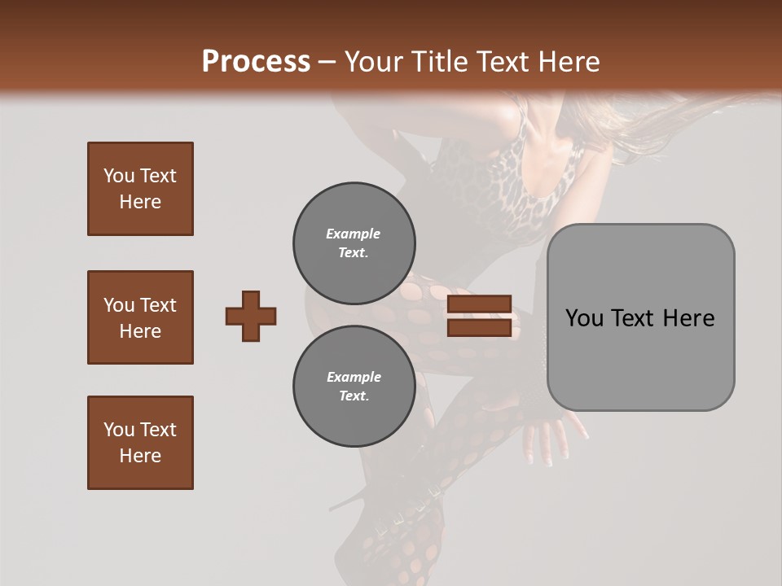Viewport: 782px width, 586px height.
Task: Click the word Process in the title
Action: click(256, 62)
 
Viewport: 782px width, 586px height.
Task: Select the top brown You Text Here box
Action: click(140, 189)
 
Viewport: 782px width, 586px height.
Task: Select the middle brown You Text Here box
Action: click(140, 317)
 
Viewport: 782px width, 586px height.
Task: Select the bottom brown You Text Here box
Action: click(140, 443)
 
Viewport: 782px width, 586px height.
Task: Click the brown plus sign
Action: click(251, 316)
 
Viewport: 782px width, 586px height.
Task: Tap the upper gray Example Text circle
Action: click(354, 243)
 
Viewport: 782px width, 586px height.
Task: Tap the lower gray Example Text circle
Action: click(354, 387)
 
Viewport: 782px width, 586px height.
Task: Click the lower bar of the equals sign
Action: click(479, 328)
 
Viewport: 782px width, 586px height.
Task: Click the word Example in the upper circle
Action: click(353, 234)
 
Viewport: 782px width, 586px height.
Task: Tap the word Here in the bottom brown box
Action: click(140, 456)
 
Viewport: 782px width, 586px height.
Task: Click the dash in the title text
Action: click(327, 62)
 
